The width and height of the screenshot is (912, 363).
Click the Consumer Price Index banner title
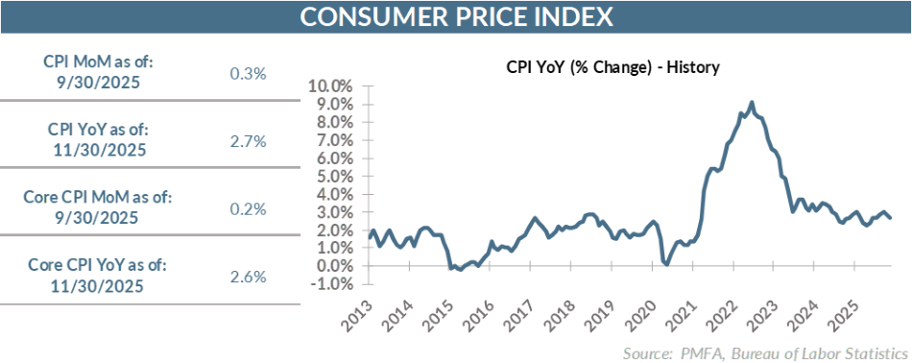(456, 17)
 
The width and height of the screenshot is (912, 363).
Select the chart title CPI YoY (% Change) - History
(612, 68)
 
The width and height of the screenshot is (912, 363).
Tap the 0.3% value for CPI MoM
(248, 73)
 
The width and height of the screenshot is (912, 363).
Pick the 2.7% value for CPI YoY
(248, 141)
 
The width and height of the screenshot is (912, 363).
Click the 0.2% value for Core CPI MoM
(248, 208)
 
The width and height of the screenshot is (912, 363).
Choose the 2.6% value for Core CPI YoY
(248, 277)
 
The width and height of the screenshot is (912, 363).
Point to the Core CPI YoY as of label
(98, 267)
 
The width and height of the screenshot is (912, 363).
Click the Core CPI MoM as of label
(98, 198)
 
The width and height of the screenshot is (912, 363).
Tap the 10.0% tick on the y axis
(331, 86)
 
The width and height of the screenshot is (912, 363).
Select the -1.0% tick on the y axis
(333, 284)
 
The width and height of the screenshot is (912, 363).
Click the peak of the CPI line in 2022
(751, 102)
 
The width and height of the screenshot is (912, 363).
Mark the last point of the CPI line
(889, 218)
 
